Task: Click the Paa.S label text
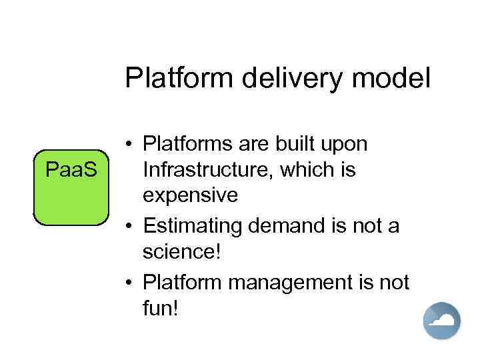71,170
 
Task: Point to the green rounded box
71,187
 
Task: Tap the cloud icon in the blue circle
443,321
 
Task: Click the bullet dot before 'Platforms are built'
129,145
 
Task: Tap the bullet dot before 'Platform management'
129,283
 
